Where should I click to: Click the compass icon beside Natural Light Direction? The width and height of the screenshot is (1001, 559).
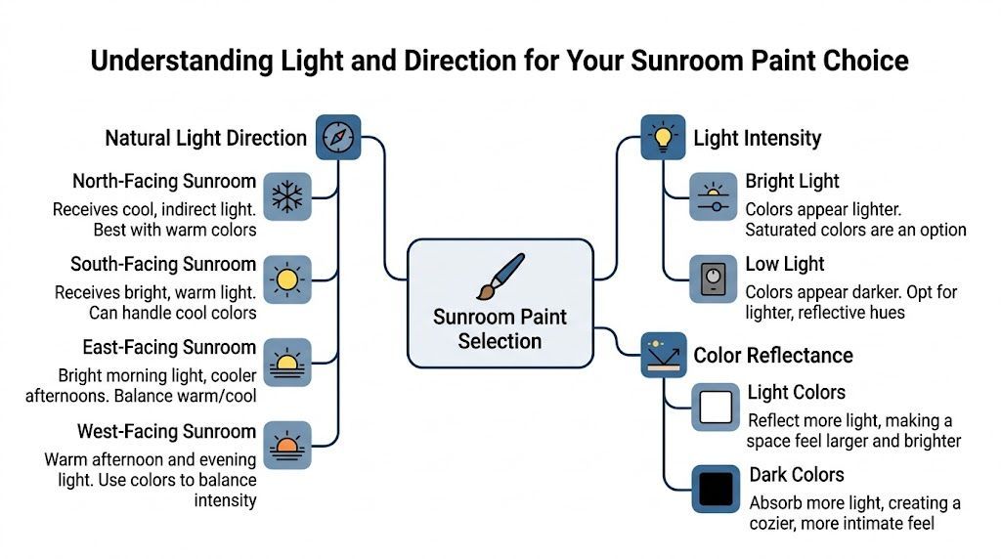[337, 137]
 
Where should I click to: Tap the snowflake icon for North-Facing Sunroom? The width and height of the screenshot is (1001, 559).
[287, 196]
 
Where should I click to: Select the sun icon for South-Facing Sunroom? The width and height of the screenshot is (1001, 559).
[287, 279]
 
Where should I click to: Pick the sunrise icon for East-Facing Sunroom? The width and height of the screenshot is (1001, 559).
[287, 363]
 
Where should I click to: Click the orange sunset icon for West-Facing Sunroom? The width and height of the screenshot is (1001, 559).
[287, 446]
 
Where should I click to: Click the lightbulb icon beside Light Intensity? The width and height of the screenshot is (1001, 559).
[664, 137]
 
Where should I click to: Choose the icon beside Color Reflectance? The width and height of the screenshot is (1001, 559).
[664, 356]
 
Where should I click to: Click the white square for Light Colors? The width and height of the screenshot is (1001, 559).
[717, 407]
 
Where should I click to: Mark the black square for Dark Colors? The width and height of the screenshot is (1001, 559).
[717, 489]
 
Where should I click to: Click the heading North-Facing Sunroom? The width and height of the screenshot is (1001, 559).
[164, 182]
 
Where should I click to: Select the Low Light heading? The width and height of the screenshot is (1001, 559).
[785, 264]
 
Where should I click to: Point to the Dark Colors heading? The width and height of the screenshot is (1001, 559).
[797, 475]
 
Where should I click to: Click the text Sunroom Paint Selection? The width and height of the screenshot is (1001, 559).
[500, 329]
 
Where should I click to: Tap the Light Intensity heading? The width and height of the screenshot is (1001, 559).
[758, 138]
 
